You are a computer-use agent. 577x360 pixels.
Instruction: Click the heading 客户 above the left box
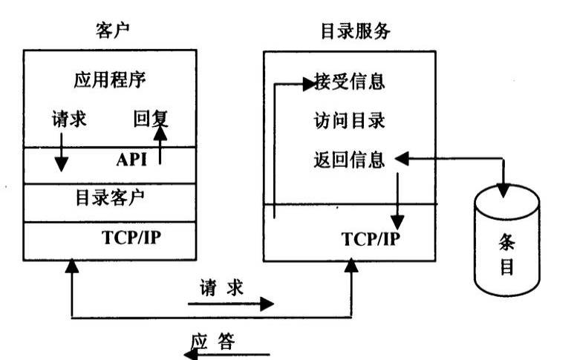pyautogui.click(x=108, y=30)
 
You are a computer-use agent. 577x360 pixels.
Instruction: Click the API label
pyautogui.click(x=133, y=159)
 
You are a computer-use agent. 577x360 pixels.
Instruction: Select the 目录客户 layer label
pyautogui.click(x=110, y=197)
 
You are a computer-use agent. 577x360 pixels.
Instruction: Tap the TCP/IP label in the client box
pyautogui.click(x=140, y=238)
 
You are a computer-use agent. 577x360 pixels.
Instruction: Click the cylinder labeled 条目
pyautogui.click(x=506, y=244)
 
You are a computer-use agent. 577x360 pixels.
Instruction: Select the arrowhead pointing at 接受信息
pyautogui.click(x=307, y=83)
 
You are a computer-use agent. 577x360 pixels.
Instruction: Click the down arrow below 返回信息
pyautogui.click(x=397, y=200)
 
